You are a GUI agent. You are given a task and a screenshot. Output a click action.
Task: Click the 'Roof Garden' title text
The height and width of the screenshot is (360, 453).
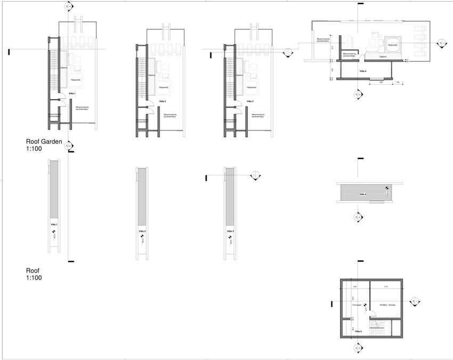pyautogui.click(x=44, y=142)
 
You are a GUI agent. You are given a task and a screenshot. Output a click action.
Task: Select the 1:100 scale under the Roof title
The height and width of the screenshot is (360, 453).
pyautogui.click(x=34, y=278)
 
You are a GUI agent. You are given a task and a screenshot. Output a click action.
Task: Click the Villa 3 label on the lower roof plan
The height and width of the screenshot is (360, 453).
pyautogui.click(x=230, y=232)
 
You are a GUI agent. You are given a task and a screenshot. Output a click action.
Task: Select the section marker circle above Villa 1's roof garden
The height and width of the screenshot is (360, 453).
pyautogui.click(x=67, y=6)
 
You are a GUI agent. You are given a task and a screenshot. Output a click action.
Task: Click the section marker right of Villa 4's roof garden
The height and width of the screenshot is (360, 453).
pyautogui.click(x=441, y=43)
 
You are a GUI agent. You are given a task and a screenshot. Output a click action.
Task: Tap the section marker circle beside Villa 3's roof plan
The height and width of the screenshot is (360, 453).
pyautogui.click(x=255, y=175)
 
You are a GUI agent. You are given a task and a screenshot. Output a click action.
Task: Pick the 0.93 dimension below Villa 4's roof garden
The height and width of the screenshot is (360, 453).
pyautogui.click(x=381, y=83)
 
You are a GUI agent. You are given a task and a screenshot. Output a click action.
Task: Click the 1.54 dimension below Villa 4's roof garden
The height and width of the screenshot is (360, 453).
pyautogui.click(x=399, y=83)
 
